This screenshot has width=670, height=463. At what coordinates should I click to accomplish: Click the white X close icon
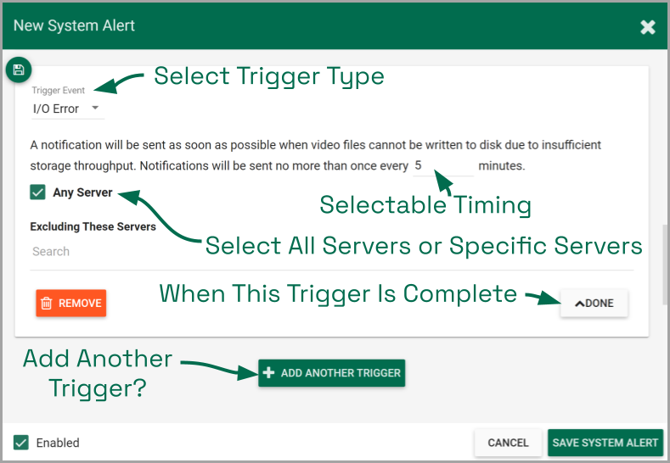coord(648,27)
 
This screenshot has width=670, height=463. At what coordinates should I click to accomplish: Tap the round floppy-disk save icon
coord(19,70)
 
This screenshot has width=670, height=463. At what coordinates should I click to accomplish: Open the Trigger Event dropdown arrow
coord(95,108)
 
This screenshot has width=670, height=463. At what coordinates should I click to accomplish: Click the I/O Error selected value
coord(56,109)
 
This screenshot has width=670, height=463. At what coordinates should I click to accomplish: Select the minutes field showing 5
coord(443,165)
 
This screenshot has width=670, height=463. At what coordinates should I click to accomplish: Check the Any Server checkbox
coord(37,192)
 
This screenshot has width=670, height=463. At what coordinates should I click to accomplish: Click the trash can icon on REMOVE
coord(46,303)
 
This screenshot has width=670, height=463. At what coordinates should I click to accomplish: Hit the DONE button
coord(594,303)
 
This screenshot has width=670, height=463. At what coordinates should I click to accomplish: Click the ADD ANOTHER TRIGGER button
coord(331,373)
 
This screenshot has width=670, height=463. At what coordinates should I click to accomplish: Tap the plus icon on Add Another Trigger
coord(268,372)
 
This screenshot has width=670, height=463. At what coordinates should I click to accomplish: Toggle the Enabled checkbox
coord(21,443)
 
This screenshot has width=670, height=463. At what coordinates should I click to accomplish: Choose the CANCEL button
coord(508,443)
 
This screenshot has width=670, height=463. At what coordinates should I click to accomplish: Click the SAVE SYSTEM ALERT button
coord(605,443)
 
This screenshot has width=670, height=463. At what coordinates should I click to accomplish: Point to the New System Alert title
coord(74,25)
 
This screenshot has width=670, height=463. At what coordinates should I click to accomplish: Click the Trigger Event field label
coord(58,91)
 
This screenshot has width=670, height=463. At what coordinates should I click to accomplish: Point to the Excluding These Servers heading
coord(93,226)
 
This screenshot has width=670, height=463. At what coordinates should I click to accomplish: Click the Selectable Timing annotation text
coord(425,205)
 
